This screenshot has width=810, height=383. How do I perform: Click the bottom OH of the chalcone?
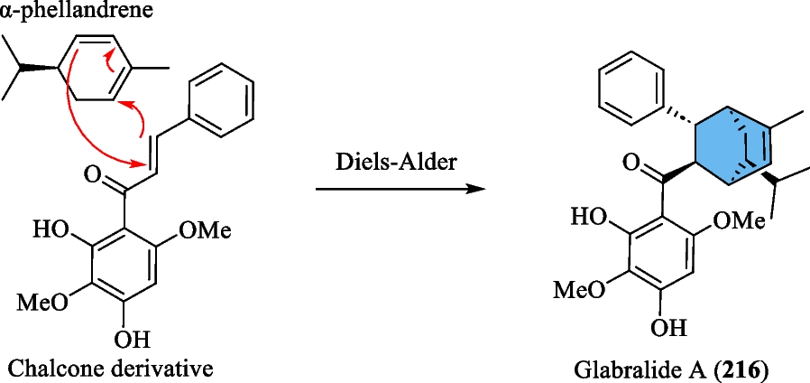(x=133, y=341)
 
